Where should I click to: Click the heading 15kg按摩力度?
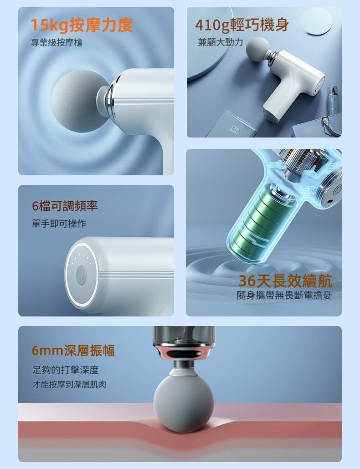coord(82,25)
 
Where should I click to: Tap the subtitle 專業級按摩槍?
coord(57,43)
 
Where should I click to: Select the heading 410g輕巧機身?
coord(242,25)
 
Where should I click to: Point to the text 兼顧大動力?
coord(220,42)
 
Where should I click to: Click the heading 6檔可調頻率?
coord(65,206)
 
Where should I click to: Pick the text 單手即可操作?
coord(59,224)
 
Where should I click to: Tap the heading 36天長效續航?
coord(285,280)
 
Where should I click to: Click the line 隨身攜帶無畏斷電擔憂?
coord(284,296)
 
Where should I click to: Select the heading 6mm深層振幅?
coord(73,351)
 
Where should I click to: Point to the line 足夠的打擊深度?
coord(65,370)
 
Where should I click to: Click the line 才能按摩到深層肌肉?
coord(69,384)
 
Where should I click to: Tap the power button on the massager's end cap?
coord(80,275)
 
